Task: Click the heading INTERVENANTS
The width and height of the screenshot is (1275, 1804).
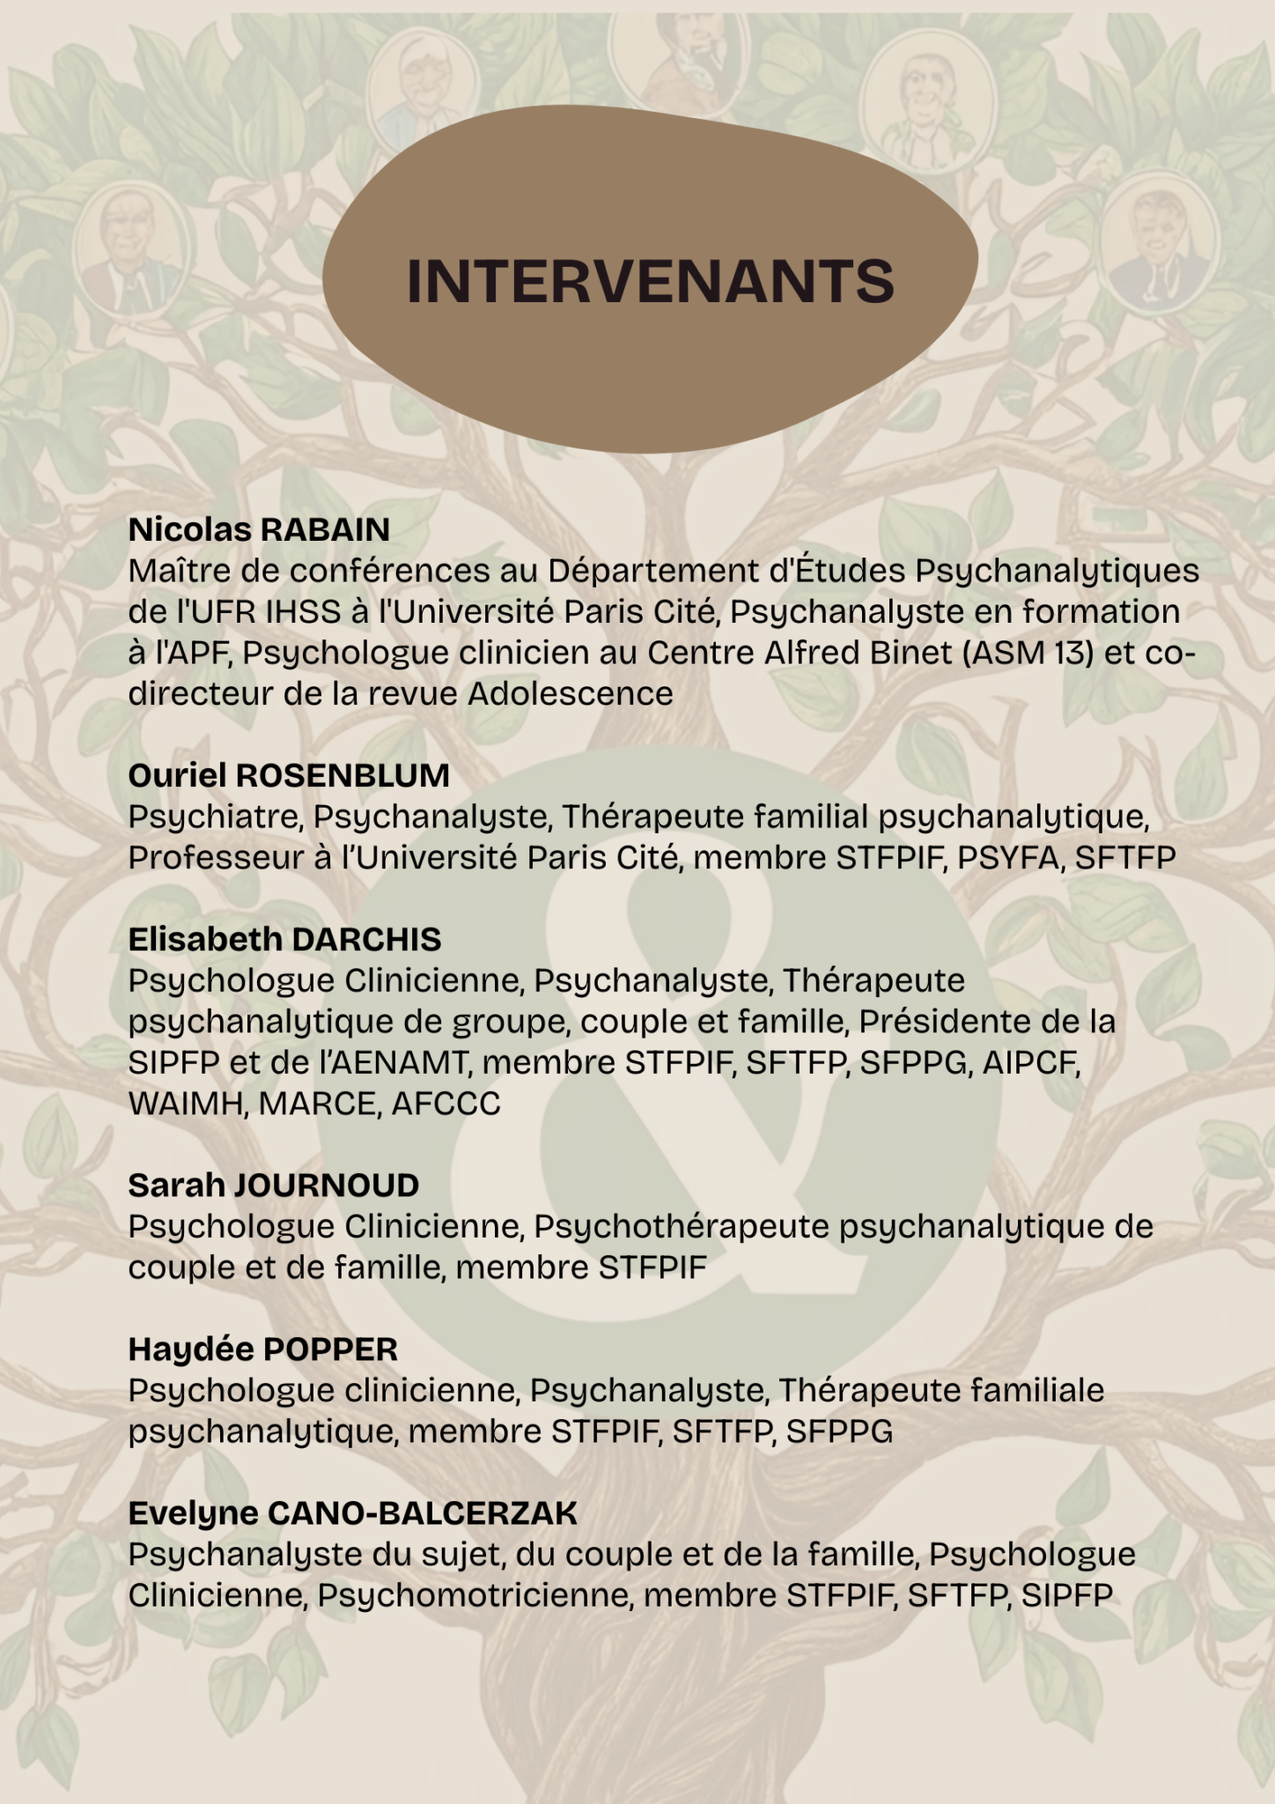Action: pyautogui.click(x=650, y=281)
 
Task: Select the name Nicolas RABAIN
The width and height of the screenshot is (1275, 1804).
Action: pyautogui.click(x=259, y=529)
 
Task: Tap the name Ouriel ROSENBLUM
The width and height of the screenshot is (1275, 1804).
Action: pyautogui.click(x=289, y=775)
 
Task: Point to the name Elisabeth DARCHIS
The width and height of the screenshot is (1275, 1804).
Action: pyautogui.click(x=284, y=939)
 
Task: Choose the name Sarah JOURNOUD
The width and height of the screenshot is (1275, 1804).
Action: pyautogui.click(x=273, y=1185)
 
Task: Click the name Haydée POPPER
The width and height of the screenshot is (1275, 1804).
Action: pyautogui.click(x=262, y=1349)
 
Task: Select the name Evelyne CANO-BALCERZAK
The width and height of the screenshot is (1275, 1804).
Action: pyautogui.click(x=352, y=1512)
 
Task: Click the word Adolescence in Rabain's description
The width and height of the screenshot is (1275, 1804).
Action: pyautogui.click(x=570, y=693)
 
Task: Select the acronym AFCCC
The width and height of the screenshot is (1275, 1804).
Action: pyautogui.click(x=446, y=1103)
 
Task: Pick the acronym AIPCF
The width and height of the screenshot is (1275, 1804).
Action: pyautogui.click(x=1030, y=1062)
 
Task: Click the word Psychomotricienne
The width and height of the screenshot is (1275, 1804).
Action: pyautogui.click(x=475, y=1594)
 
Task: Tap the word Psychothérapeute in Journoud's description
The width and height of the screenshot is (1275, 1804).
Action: pyautogui.click(x=682, y=1226)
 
